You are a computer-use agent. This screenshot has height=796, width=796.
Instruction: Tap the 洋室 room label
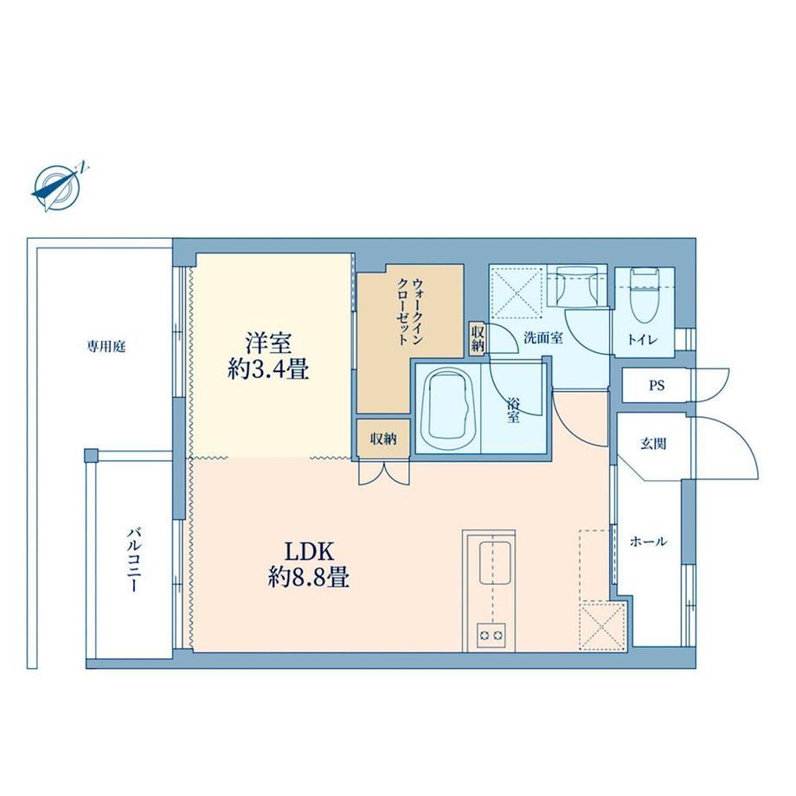click(x=268, y=343)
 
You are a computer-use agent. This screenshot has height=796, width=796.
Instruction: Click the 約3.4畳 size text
click(x=268, y=369)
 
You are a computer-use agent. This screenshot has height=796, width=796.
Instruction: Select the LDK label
click(x=308, y=552)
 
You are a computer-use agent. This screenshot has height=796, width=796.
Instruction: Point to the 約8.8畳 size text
click(x=308, y=577)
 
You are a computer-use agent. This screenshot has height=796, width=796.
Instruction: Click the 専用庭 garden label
click(x=106, y=347)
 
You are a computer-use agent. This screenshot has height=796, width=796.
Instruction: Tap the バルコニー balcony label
click(x=134, y=560)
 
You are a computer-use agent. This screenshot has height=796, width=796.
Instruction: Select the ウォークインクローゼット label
click(x=409, y=311)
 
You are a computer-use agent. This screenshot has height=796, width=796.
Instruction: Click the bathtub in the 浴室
click(x=449, y=408)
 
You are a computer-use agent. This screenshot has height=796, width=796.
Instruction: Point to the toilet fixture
click(x=645, y=294)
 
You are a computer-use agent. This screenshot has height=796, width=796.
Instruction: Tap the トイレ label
click(x=643, y=340)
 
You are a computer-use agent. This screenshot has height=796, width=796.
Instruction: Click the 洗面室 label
click(x=543, y=337)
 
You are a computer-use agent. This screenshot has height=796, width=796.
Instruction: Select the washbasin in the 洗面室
click(x=577, y=286)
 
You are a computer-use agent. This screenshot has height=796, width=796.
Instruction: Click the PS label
click(x=657, y=386)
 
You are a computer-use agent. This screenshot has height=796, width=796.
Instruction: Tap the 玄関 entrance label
click(x=653, y=444)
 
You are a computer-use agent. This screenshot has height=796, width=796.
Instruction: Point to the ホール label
click(x=648, y=542)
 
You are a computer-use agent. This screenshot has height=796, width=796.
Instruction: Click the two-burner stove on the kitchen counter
click(x=491, y=635)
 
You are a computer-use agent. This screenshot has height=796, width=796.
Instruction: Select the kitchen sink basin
click(x=494, y=562)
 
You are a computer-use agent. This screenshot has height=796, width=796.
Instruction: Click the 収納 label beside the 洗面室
click(x=478, y=339)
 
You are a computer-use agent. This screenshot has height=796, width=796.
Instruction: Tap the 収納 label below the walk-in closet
click(x=383, y=440)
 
